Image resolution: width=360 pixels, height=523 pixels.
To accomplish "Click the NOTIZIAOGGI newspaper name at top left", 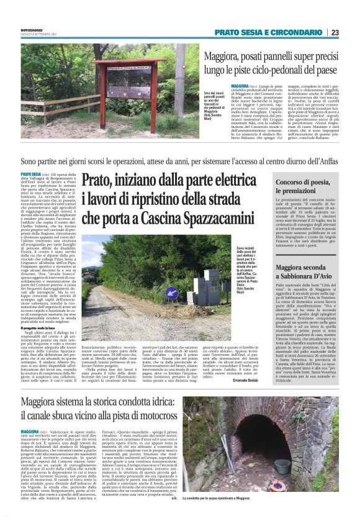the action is pyautogui.click(x=32, y=29).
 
